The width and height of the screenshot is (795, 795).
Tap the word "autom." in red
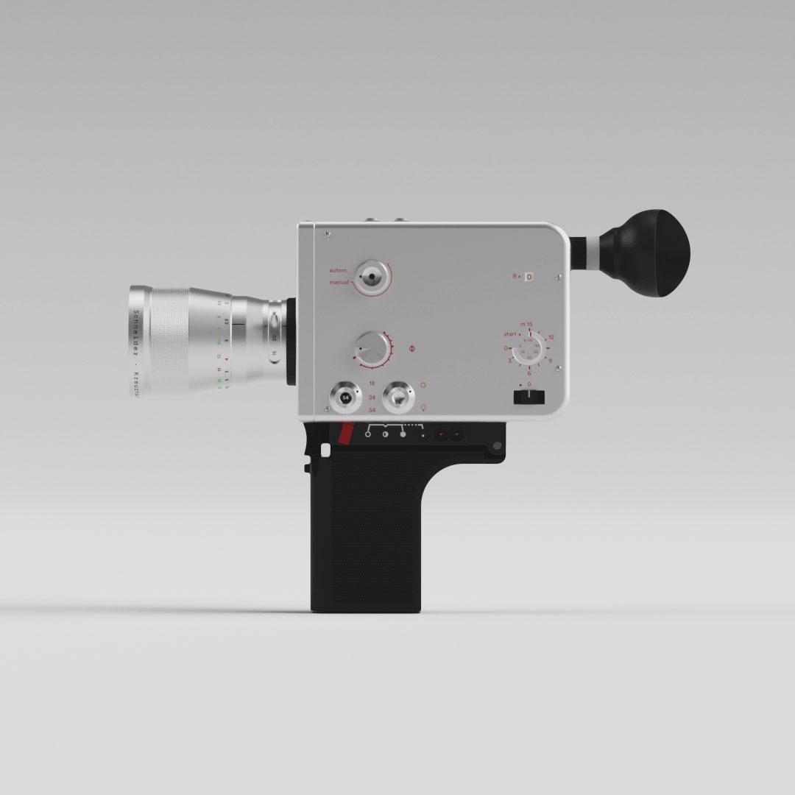[x=339, y=271]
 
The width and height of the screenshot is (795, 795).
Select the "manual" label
[x=339, y=283]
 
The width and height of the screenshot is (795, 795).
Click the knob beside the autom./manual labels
[x=372, y=278]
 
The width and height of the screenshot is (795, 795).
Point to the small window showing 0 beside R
[x=529, y=277]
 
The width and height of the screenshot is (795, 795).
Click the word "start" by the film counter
[x=510, y=334]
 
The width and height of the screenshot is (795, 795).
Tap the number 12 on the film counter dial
[x=551, y=337]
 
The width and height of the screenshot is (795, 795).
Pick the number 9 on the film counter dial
[x=550, y=361]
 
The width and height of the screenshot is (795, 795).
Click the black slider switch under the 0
[x=529, y=397]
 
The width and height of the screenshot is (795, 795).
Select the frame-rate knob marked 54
[x=345, y=397]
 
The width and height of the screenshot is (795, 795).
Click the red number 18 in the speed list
[x=372, y=384]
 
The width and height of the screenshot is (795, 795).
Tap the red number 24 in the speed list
[x=372, y=397]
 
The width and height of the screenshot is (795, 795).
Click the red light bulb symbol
[x=423, y=407]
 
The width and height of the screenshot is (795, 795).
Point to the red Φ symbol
[x=411, y=347]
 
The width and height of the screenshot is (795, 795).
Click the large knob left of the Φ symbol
[x=373, y=348]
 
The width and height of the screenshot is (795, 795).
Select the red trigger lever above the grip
[x=345, y=434]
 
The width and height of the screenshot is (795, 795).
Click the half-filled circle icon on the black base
[x=386, y=434]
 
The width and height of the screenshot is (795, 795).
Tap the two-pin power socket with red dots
[x=448, y=434]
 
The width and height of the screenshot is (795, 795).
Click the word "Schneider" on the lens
[x=136, y=333]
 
